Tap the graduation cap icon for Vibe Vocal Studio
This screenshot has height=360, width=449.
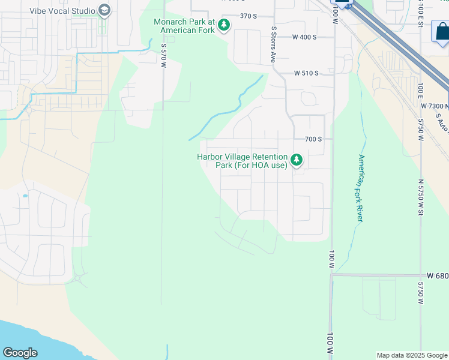[x=104, y=10]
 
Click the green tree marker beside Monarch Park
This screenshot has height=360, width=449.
[x=223, y=25]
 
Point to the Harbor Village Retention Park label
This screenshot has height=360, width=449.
[x=242, y=161]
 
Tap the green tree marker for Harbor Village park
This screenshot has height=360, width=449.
[x=296, y=160]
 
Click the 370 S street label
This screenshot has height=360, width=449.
[x=248, y=16]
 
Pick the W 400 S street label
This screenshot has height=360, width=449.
[x=304, y=37]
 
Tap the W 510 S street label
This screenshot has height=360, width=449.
[x=306, y=73]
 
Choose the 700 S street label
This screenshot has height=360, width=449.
[x=313, y=139]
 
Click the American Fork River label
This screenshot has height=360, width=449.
[x=360, y=188]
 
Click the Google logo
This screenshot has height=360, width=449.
[x=20, y=353]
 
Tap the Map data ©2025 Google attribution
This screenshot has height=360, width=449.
[x=411, y=355]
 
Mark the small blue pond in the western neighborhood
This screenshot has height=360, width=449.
[x=25, y=196]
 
